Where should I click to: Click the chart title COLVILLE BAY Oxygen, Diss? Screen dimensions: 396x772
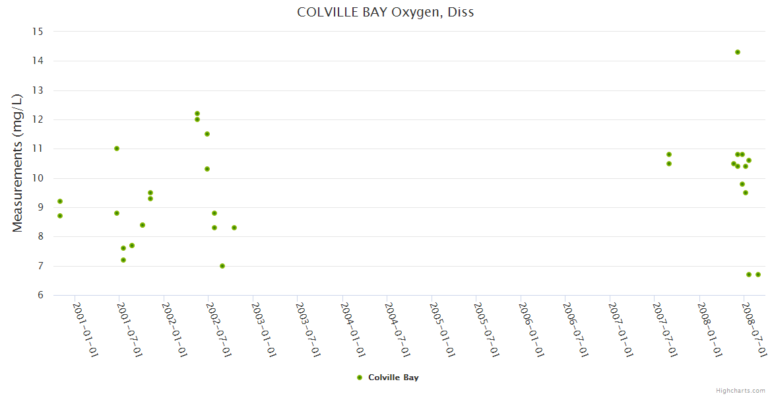[x=385, y=12]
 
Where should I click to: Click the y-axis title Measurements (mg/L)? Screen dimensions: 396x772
[x=18, y=163]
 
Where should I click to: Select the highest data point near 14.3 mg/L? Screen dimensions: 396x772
[x=738, y=52]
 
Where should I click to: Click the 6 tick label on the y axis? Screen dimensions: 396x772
[x=40, y=295]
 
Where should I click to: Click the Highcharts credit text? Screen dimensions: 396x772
[x=741, y=390]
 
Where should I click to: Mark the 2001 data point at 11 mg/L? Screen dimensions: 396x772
[x=117, y=148]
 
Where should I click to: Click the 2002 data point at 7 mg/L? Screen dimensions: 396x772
[x=222, y=266]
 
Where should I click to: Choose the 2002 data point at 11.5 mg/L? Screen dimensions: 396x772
[x=207, y=134]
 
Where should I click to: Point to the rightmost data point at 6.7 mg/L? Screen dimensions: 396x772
[x=758, y=275]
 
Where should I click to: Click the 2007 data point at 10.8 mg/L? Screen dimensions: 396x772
[x=669, y=154]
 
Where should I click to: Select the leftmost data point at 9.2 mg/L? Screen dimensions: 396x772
[x=60, y=201]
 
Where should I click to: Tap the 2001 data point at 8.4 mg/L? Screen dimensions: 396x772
[x=143, y=225]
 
